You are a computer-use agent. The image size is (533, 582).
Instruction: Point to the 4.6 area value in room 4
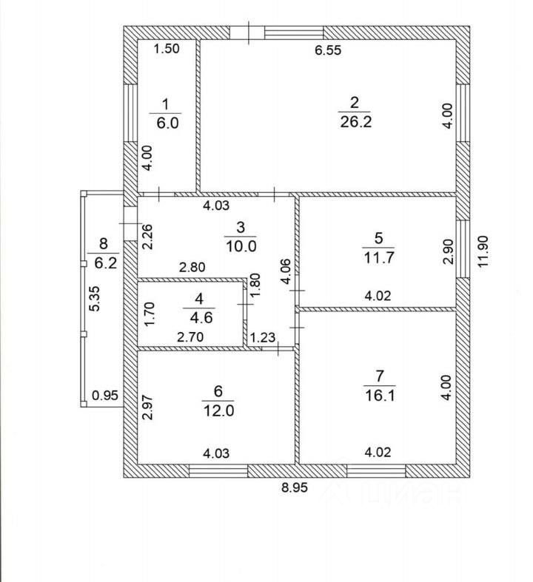pos(199,317)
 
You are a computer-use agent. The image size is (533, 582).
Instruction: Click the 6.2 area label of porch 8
pos(102,261)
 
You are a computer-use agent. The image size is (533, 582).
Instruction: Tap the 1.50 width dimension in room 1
pos(167,50)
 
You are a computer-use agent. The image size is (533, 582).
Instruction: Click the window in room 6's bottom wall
pos(218,470)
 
